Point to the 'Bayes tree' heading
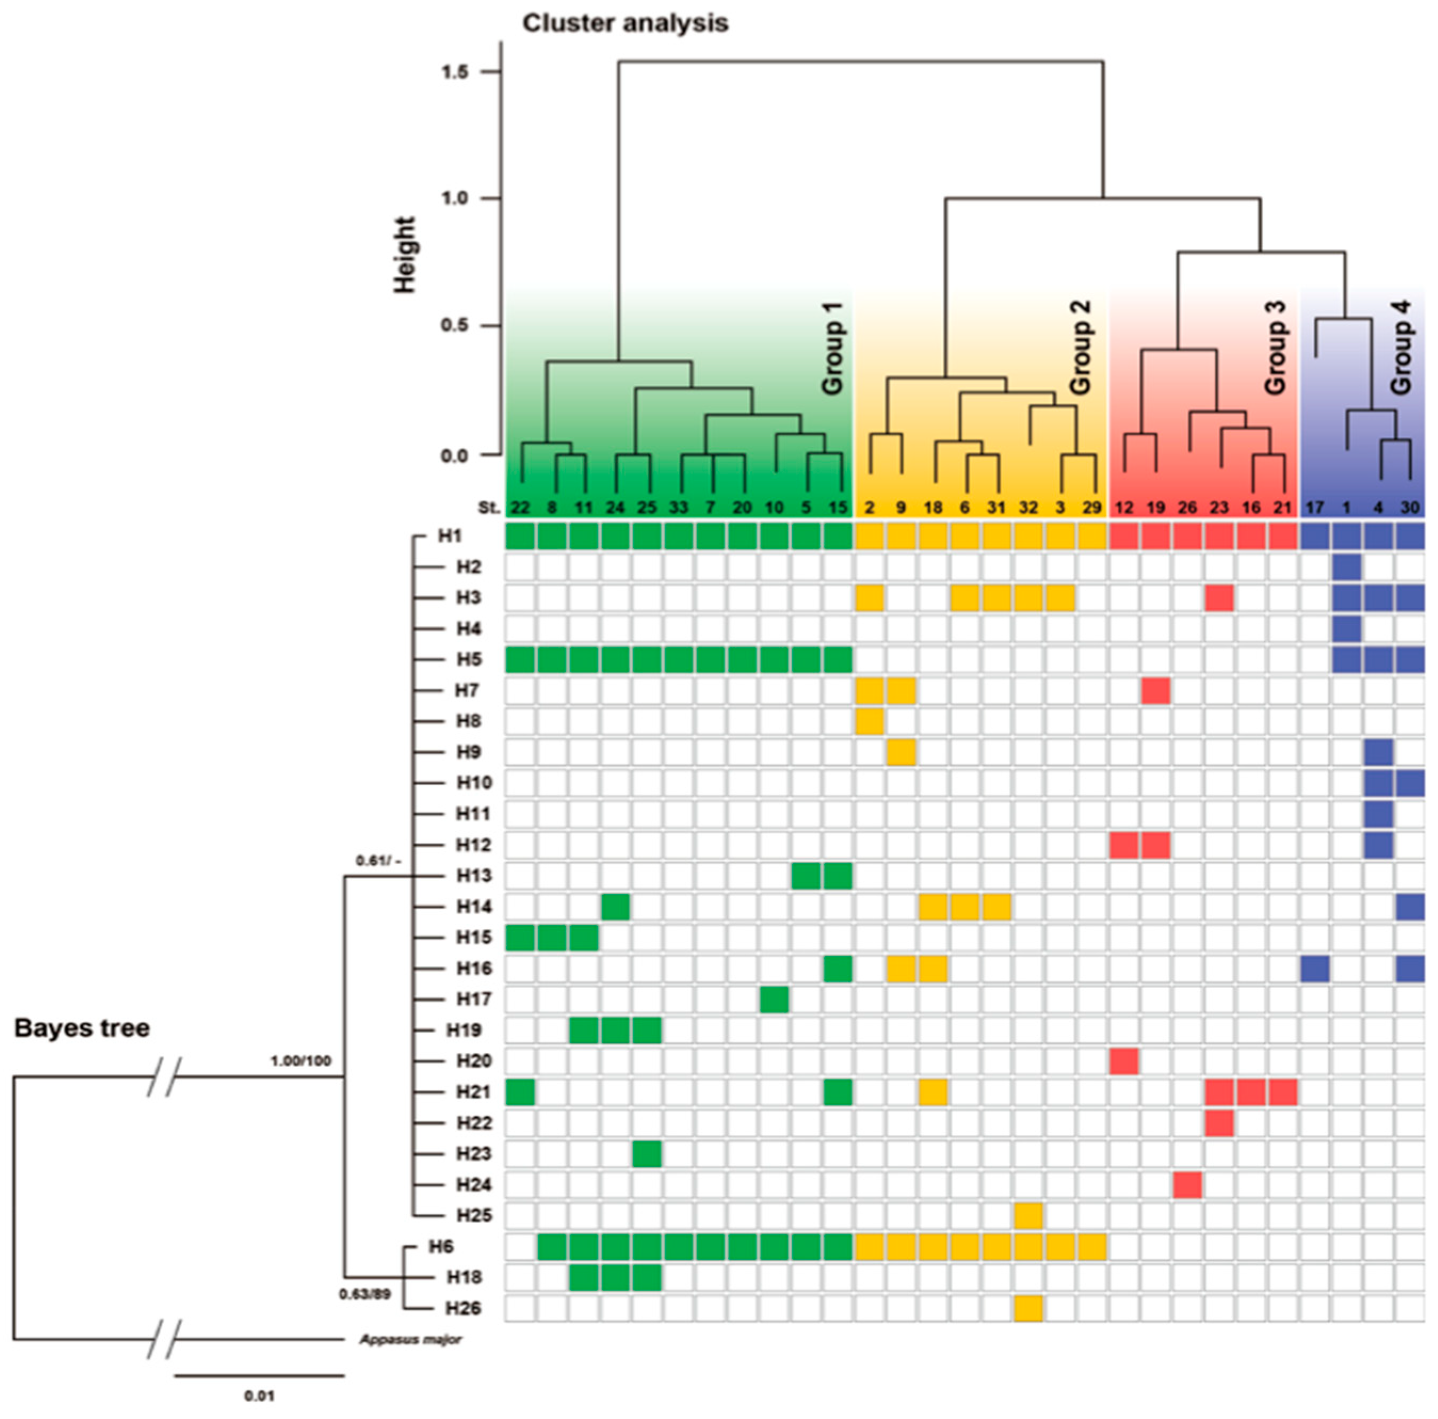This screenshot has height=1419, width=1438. [82, 1028]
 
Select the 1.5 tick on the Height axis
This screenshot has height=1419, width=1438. [455, 72]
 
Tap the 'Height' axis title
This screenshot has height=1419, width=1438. [404, 255]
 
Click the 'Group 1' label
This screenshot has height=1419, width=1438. [832, 348]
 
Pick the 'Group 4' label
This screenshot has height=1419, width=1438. [1401, 348]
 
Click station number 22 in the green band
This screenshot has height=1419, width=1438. [519, 508]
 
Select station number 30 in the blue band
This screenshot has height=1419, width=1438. [1410, 508]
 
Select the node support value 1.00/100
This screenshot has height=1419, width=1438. [300, 1061]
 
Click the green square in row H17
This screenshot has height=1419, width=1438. [774, 999]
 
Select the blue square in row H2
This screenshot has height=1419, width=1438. [1346, 567]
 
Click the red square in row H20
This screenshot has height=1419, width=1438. [1124, 1061]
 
